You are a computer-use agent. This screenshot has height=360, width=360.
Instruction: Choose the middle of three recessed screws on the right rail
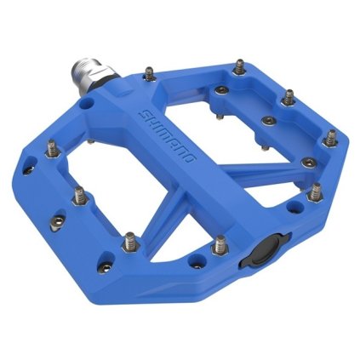(268, 121)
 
